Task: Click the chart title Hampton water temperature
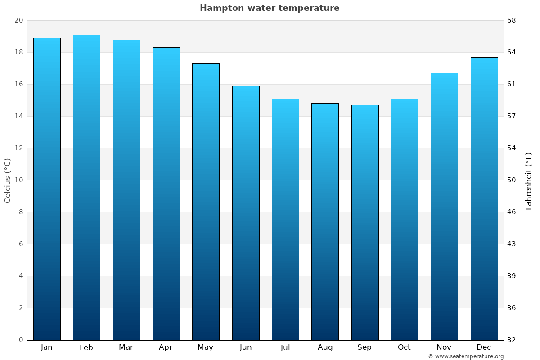click(x=270, y=8)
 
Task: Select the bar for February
click(x=86, y=187)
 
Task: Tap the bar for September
click(x=364, y=222)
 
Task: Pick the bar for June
click(x=246, y=213)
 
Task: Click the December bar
click(x=484, y=198)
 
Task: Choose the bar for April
click(x=166, y=193)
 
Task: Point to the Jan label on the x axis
click(x=46, y=347)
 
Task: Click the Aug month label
click(x=325, y=347)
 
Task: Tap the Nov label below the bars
click(x=444, y=347)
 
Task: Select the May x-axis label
click(x=206, y=347)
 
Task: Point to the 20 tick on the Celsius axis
click(x=18, y=21)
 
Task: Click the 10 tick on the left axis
click(x=18, y=180)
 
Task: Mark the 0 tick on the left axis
click(x=21, y=340)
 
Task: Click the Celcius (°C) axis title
click(x=7, y=180)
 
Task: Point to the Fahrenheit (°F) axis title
click(x=528, y=180)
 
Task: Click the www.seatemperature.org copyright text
click(x=466, y=356)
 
